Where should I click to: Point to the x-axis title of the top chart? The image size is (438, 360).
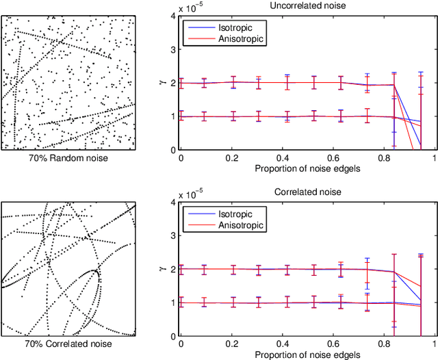[x=307, y=168]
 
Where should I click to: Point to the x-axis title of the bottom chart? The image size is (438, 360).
[x=307, y=353]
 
